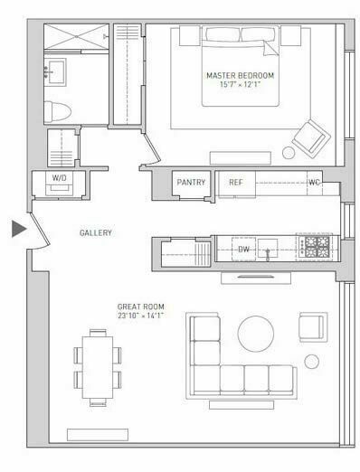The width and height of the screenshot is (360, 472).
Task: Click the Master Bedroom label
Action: coord(239,75)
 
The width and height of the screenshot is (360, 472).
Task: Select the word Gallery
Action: coord(95,232)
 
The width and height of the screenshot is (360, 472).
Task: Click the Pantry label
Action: coord(192,183)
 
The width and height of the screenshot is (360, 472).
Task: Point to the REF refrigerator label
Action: coord(236,183)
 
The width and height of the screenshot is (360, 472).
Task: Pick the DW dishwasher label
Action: coord(242,249)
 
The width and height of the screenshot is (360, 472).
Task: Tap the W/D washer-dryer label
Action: coord(60,177)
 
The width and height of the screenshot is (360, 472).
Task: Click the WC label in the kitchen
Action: coord(314,183)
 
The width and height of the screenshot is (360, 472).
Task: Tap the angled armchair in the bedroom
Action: coord(310,139)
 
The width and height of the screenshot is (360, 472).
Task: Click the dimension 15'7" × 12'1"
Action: coord(239,85)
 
